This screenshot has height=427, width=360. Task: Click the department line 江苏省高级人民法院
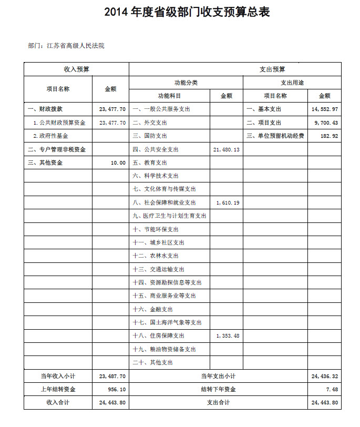click(x=66, y=46)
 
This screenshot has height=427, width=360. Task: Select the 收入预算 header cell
click(x=76, y=69)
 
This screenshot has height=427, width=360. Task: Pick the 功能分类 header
click(x=186, y=83)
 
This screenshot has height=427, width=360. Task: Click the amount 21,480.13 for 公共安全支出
click(x=227, y=150)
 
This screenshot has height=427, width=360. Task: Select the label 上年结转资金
click(x=58, y=389)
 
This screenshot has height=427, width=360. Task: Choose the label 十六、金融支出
click(x=152, y=309)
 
